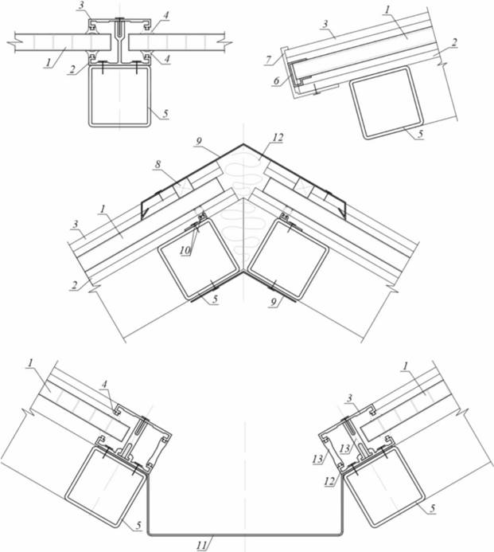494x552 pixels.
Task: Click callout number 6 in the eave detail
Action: click(277, 80)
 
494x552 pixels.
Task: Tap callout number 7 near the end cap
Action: click(269, 60)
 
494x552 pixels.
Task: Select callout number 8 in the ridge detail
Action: click(158, 164)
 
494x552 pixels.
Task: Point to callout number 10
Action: click(185, 250)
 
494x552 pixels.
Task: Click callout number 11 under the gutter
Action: click(202, 546)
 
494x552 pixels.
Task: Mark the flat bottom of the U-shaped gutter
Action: click(244, 534)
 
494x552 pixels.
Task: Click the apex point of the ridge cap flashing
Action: click(243, 143)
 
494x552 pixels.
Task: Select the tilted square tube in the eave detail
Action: click(387, 104)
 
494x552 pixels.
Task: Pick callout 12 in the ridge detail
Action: click(278, 138)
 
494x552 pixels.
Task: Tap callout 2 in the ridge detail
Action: click(74, 285)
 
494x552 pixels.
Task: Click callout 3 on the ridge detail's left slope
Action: click(76, 225)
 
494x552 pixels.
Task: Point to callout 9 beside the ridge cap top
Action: click(199, 141)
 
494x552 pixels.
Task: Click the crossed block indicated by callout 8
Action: click(181, 186)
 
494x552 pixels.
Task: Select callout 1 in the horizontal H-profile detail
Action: click(47, 63)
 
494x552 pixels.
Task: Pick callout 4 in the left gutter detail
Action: click(104, 384)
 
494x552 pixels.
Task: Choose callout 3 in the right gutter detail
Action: click(349, 398)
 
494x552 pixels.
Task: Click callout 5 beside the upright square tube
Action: click(165, 114)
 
